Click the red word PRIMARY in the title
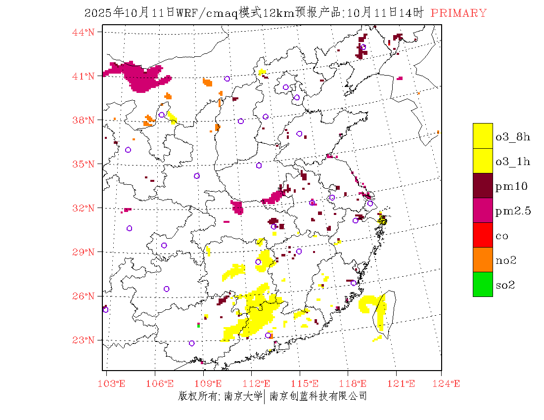(458, 13)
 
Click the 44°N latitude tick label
(84, 32)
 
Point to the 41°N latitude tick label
(84, 76)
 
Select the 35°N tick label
(84, 164)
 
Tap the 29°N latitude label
(84, 252)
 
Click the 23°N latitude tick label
(84, 340)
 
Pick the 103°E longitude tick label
(113, 383)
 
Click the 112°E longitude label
(259, 383)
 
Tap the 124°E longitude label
(449, 383)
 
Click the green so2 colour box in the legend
(483, 284)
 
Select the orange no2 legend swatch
(483, 259)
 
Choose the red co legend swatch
(483, 235)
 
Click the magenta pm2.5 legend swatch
(483, 210)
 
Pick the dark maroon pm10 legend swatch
(483, 185)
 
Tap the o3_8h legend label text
(512, 137)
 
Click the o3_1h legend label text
(512, 162)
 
